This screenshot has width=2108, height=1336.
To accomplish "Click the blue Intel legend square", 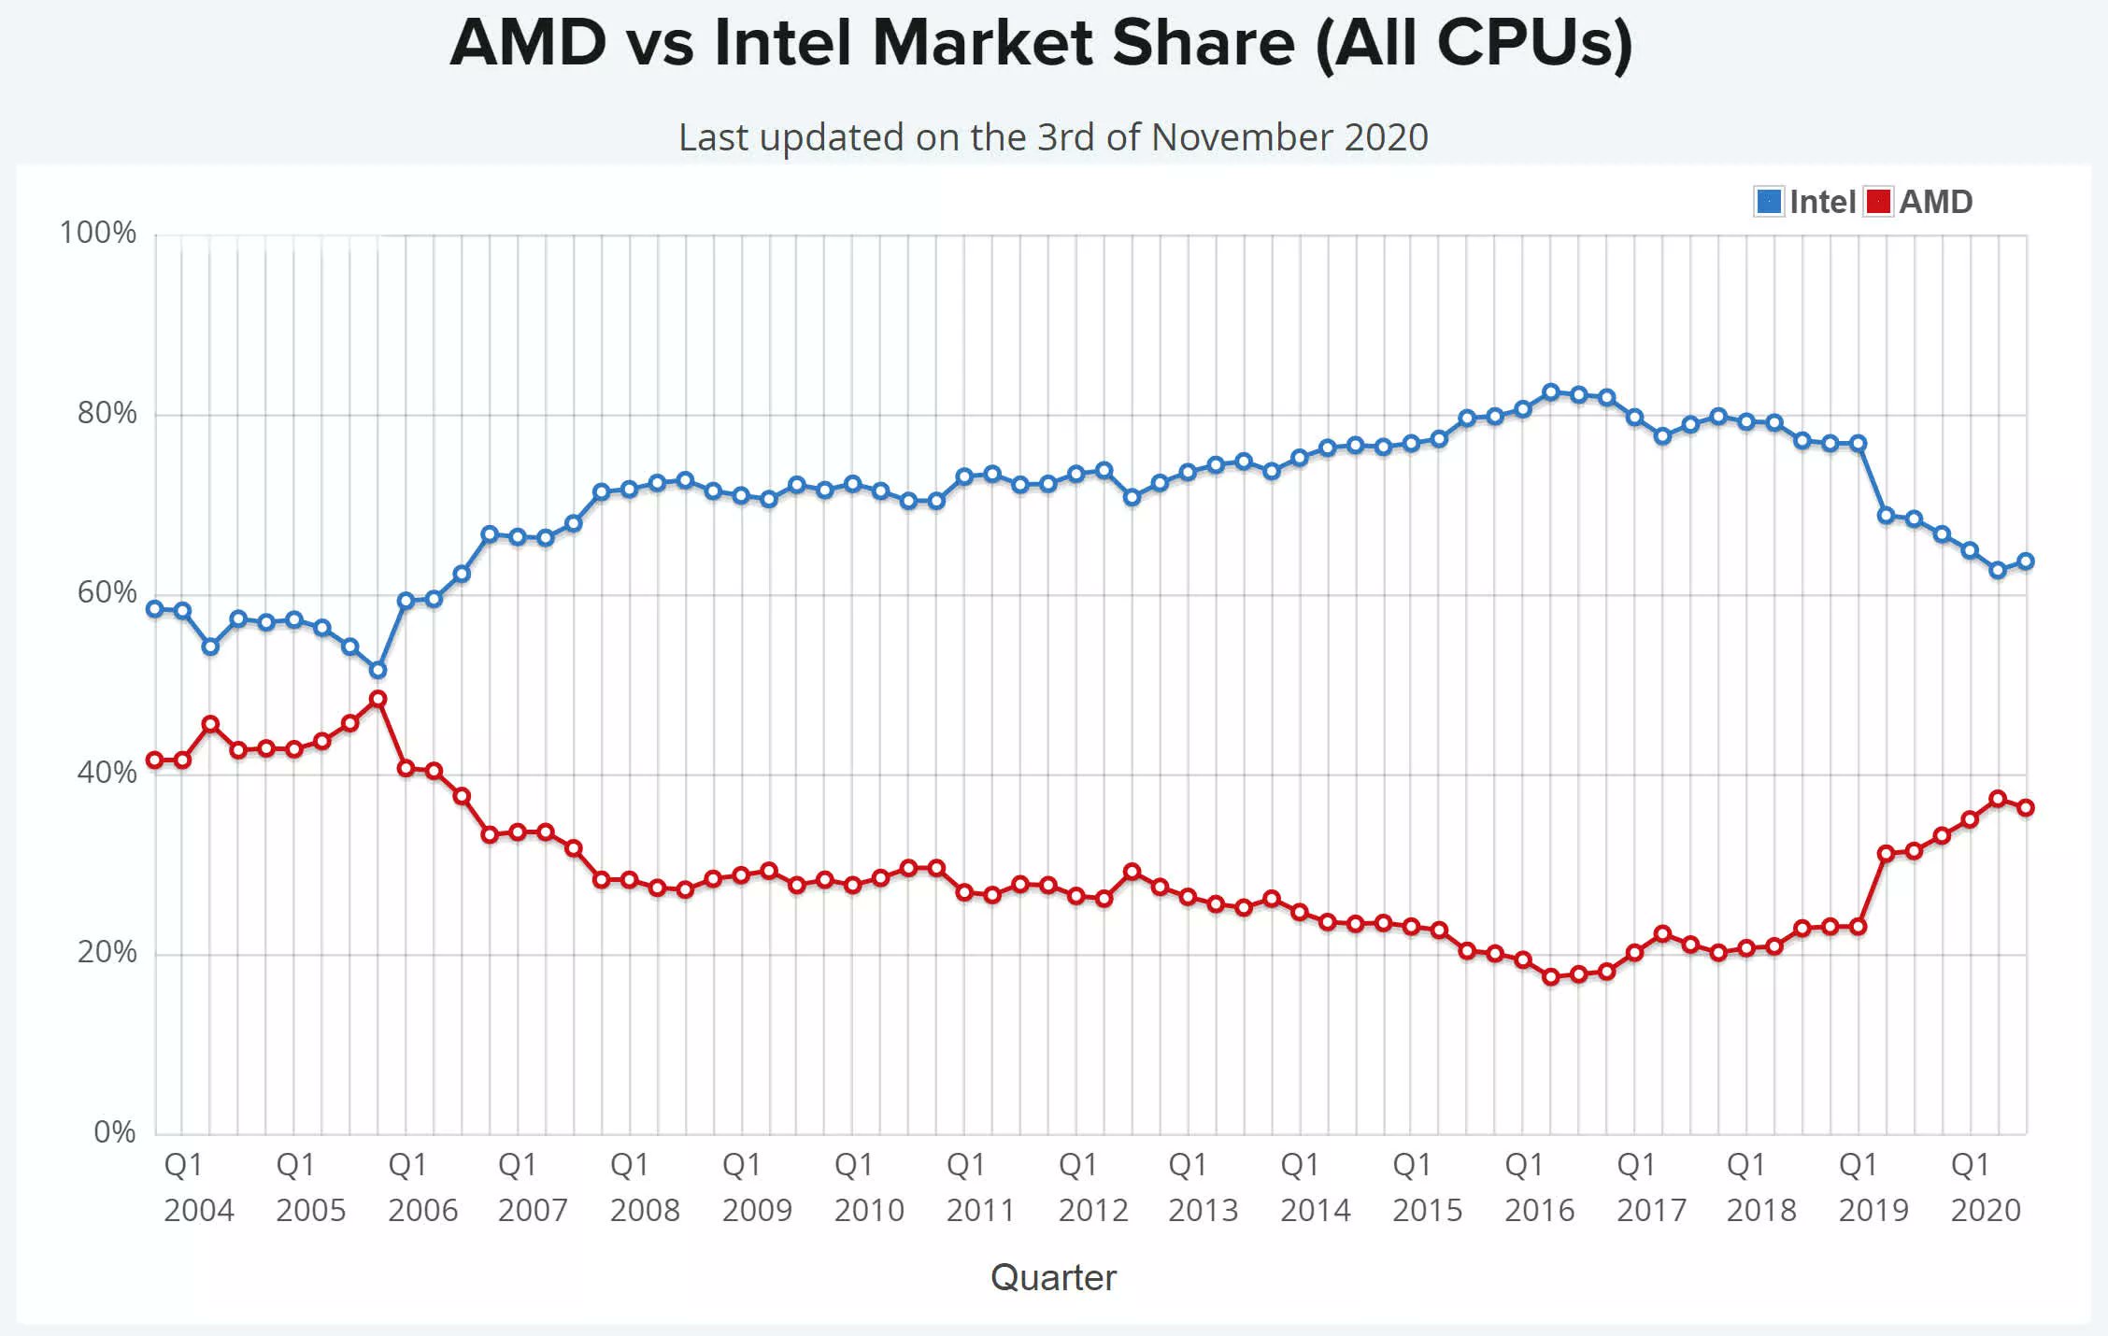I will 1768,202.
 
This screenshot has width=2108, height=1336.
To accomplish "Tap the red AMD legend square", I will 1877,202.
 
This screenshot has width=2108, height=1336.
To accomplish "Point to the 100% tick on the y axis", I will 98,233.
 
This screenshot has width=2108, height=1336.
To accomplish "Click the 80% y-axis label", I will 107,413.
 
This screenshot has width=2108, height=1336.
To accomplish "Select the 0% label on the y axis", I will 114,1132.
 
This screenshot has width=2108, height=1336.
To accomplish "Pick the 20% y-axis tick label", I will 107,952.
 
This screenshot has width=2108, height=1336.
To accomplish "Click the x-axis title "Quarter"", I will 1053,1277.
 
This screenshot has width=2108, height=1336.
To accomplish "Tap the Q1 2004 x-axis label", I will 198,1187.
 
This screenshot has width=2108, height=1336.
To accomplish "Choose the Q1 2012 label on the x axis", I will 1092,1187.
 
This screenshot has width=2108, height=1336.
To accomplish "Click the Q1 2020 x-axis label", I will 1985,1187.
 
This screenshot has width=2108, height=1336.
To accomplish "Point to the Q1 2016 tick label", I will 1539,1187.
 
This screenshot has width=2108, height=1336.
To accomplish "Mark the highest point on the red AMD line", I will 377,699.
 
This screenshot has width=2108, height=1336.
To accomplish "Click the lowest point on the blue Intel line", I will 377,670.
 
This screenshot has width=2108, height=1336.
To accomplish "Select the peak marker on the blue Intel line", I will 1551,392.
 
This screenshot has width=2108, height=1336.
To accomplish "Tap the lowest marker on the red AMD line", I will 1551,977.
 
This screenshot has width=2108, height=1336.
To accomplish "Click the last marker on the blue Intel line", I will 2026,561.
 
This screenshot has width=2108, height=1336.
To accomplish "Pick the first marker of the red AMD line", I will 155,760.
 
